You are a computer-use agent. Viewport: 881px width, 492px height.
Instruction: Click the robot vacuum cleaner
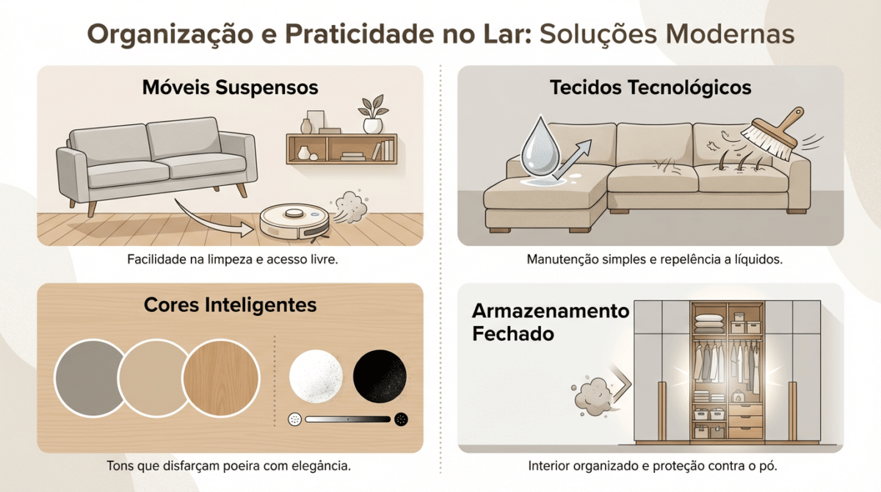pyautogui.click(x=294, y=223)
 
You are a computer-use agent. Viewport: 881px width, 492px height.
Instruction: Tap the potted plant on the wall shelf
pyautogui.click(x=372, y=114)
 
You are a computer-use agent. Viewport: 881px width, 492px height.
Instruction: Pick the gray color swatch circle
pyautogui.click(x=90, y=378)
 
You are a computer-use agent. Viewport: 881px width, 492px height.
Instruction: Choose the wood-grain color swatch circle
pyautogui.click(x=221, y=378)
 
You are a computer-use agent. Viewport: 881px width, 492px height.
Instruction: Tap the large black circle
pyautogui.click(x=380, y=376)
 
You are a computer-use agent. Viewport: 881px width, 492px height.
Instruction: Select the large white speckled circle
pyautogui.click(x=316, y=376)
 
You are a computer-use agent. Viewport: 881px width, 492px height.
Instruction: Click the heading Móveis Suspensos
pyautogui.click(x=230, y=87)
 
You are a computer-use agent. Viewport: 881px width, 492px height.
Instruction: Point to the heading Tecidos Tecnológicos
pyautogui.click(x=650, y=87)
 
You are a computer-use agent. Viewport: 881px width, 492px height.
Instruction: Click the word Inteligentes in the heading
pyautogui.click(x=261, y=305)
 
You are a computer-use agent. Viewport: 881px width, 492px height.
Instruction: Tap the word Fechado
pyautogui.click(x=513, y=334)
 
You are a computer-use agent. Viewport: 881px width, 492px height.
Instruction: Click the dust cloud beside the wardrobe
pyautogui.click(x=592, y=396)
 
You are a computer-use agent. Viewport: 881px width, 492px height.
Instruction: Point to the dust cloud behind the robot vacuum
pyautogui.click(x=349, y=206)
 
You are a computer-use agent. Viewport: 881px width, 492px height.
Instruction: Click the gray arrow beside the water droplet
pyautogui.click(x=573, y=159)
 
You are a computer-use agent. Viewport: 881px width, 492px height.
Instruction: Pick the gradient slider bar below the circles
pyautogui.click(x=348, y=419)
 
